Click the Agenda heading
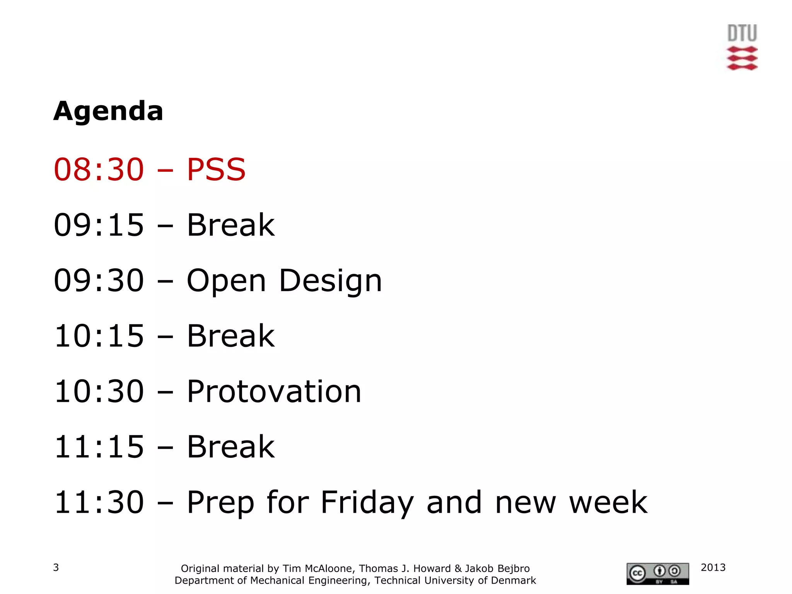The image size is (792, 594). (x=108, y=111)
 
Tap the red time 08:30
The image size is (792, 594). (x=99, y=169)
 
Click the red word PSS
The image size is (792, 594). (x=216, y=169)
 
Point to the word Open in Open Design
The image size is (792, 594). (x=226, y=281)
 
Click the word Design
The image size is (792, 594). (x=330, y=281)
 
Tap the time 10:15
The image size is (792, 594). (x=99, y=336)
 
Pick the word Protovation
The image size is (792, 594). (x=274, y=391)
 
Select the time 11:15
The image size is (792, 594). (x=99, y=447)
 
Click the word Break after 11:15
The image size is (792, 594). (x=230, y=447)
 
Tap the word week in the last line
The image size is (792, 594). (x=608, y=502)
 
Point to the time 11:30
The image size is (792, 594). (x=99, y=502)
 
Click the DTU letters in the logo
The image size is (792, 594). (x=742, y=33)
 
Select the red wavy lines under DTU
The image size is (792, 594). (x=742, y=59)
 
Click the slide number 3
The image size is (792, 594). (x=56, y=567)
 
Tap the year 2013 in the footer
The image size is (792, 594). (x=713, y=567)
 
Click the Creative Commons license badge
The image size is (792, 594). (x=657, y=574)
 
